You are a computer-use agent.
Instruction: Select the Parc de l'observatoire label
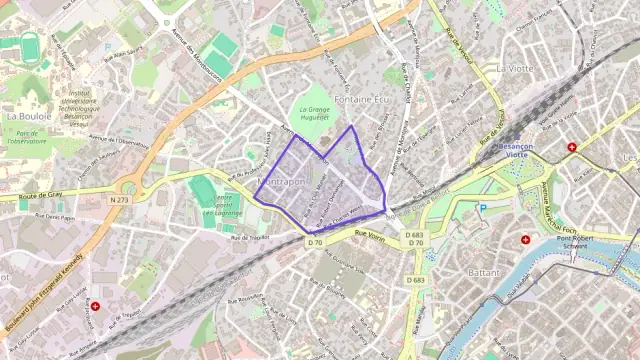[x=25, y=137]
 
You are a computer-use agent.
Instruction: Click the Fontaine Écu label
[x=361, y=100]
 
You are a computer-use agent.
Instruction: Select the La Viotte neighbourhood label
[x=517, y=68]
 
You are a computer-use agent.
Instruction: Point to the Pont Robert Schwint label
[x=576, y=245]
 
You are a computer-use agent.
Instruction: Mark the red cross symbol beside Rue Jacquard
[x=96, y=306]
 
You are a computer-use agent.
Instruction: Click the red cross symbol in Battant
[x=526, y=240]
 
